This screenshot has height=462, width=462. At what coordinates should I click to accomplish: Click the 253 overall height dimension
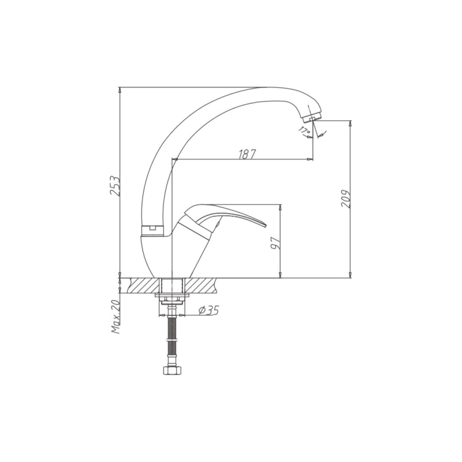pyautogui.click(x=114, y=186)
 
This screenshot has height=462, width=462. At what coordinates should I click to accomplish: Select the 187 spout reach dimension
pyautogui.click(x=246, y=154)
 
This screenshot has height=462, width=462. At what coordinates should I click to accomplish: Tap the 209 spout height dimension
pyautogui.click(x=345, y=199)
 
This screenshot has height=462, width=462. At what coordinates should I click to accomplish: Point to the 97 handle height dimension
pyautogui.click(x=275, y=243)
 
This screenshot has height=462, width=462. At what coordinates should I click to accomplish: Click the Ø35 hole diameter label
pyautogui.click(x=208, y=310)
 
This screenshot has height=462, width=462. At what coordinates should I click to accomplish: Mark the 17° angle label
pyautogui.click(x=304, y=132)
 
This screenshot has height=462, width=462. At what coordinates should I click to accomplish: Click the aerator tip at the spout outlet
pyautogui.click(x=312, y=119)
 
